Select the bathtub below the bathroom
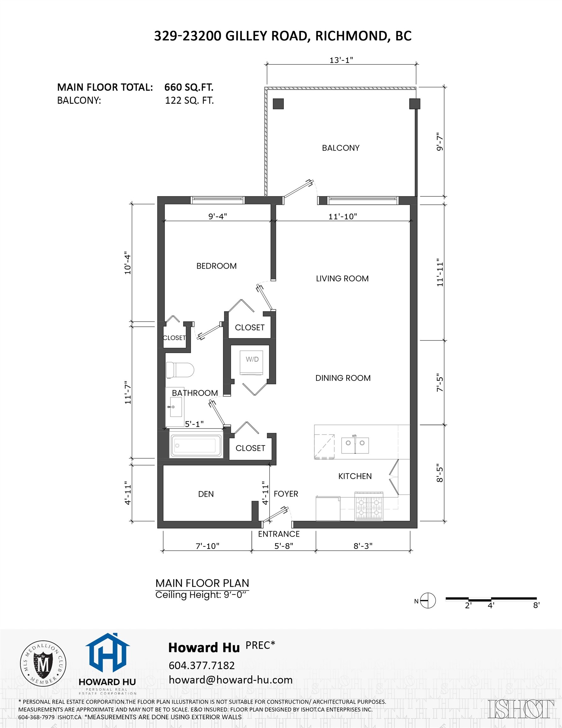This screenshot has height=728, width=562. pos(195,445)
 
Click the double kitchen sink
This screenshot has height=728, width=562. pos(355,443)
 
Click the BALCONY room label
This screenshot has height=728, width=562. pos(340,148)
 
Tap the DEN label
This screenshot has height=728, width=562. pos(206,494)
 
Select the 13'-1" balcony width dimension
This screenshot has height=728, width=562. pos(341,60)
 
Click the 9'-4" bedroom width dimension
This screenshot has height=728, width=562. pos(218,216)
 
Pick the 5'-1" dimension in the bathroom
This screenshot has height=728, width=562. pos(194,424)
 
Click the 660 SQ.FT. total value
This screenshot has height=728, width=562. pos(188,87)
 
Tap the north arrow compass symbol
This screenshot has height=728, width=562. pos(428,601)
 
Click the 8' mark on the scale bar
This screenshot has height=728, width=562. pos(536,605)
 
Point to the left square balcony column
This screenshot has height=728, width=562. pos(278,104)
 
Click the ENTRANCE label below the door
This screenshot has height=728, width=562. pos(278,534)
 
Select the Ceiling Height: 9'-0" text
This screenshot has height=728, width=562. pos(202,595)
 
